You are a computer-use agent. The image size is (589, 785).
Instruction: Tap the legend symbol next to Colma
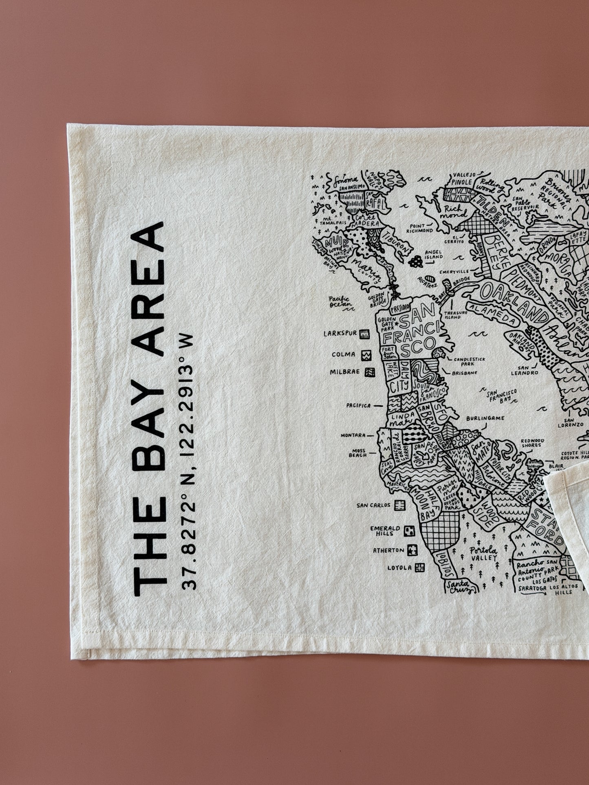pos(366,355)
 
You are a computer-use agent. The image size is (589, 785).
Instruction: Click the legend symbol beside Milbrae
pos(370,372)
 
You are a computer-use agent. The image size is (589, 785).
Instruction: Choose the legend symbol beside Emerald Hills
pos(409,530)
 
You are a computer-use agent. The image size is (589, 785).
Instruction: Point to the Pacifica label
pos(358,405)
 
